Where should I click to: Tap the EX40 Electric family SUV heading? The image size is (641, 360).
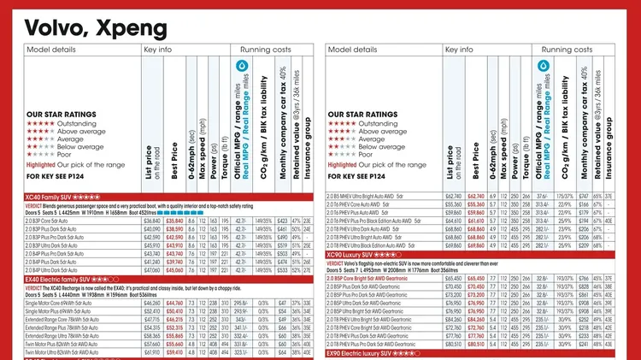pos(72,279)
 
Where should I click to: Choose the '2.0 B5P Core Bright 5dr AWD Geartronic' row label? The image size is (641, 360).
pos(379,278)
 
